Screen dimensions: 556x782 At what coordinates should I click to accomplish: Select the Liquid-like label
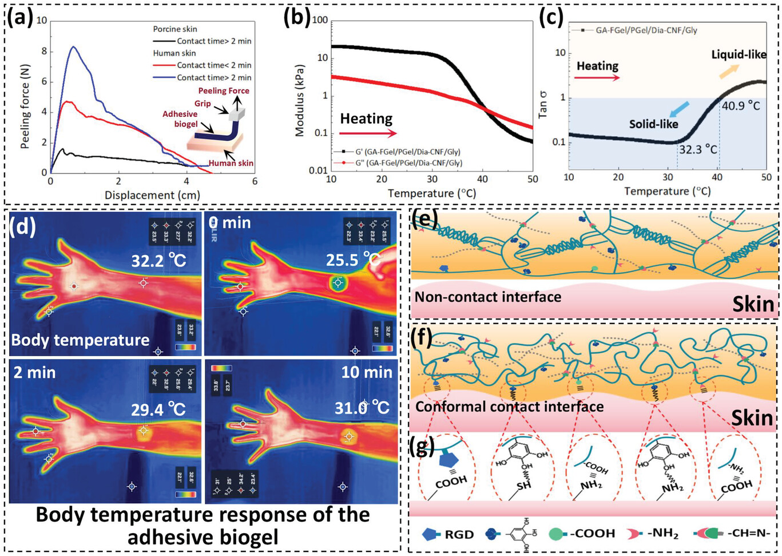pos(739,55)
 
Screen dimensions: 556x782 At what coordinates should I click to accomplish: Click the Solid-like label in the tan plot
pos(653,124)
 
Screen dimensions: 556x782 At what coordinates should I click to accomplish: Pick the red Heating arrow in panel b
pos(368,133)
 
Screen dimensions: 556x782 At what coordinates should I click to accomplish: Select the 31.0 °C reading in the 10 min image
pos(362,408)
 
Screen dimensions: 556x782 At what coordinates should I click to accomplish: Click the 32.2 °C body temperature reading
pos(158,262)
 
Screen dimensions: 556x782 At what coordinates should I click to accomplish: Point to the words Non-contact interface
pos(488,297)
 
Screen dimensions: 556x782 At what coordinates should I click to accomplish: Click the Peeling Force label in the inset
pos(223,90)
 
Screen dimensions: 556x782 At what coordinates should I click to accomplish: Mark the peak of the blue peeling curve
pos(73,47)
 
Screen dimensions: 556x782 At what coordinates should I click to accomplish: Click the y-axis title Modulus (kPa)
pos(299,100)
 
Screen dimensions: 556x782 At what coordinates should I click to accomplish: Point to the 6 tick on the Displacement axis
pos(255,182)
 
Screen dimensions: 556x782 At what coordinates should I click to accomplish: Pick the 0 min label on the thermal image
pos(229,222)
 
